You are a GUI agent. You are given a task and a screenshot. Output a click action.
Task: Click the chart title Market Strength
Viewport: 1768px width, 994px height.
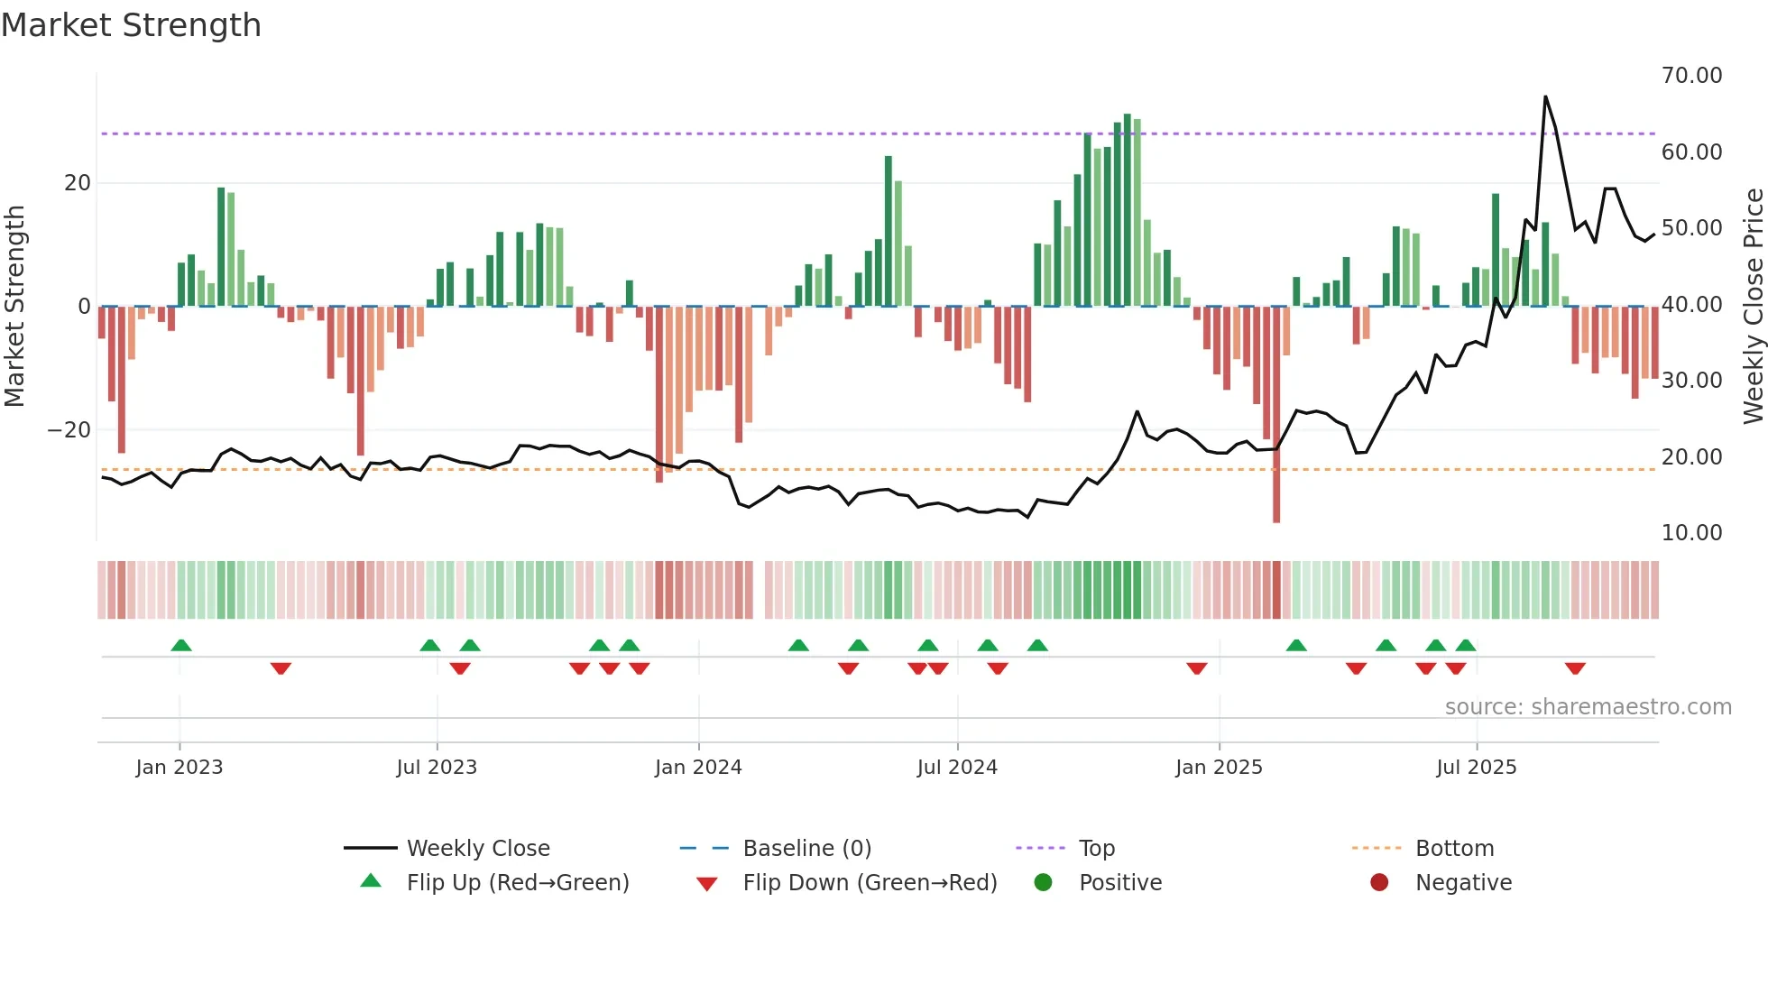pos(132,25)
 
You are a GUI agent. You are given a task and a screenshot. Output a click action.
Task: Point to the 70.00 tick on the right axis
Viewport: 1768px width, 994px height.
pos(1691,76)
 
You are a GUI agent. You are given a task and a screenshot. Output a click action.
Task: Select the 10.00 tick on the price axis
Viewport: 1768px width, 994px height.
pos(1691,533)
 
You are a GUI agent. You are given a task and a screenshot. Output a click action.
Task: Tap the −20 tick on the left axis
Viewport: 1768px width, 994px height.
pos(69,430)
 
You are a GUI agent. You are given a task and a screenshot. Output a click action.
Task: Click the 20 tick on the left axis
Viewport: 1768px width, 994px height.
pos(78,183)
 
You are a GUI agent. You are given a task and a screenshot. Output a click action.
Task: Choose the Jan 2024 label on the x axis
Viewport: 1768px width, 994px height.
pos(698,768)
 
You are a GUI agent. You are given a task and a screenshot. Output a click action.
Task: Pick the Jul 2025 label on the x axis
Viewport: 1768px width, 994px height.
pos(1476,768)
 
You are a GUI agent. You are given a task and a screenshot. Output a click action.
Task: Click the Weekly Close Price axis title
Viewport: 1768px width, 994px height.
pos(1753,307)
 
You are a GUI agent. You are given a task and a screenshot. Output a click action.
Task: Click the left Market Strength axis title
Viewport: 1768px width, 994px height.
pos(15,307)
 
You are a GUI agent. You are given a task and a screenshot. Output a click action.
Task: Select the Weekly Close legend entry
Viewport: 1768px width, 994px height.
pos(477,849)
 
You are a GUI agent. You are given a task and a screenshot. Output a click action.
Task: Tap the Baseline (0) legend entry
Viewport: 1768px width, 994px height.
pos(806,849)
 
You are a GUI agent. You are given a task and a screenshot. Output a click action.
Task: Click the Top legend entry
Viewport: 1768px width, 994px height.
pos(1096,849)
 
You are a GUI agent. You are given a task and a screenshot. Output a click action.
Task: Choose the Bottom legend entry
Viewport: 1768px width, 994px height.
pos(1454,849)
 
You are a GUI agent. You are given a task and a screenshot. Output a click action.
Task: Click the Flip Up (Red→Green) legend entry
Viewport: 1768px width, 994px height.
pos(517,883)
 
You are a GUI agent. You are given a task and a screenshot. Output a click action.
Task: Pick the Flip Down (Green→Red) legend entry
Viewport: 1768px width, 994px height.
pos(870,883)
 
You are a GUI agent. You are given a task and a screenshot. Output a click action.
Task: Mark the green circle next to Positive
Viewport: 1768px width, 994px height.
pos(1043,883)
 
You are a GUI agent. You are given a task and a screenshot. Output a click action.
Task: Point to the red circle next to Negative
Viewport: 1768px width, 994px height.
pos(1379,883)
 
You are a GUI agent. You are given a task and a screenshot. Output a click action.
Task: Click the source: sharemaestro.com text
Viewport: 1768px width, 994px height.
pos(1588,707)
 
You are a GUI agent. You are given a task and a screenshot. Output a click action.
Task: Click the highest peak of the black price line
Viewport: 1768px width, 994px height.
pos(1545,97)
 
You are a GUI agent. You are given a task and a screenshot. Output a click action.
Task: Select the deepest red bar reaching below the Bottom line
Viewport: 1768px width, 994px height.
pos(1276,505)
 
